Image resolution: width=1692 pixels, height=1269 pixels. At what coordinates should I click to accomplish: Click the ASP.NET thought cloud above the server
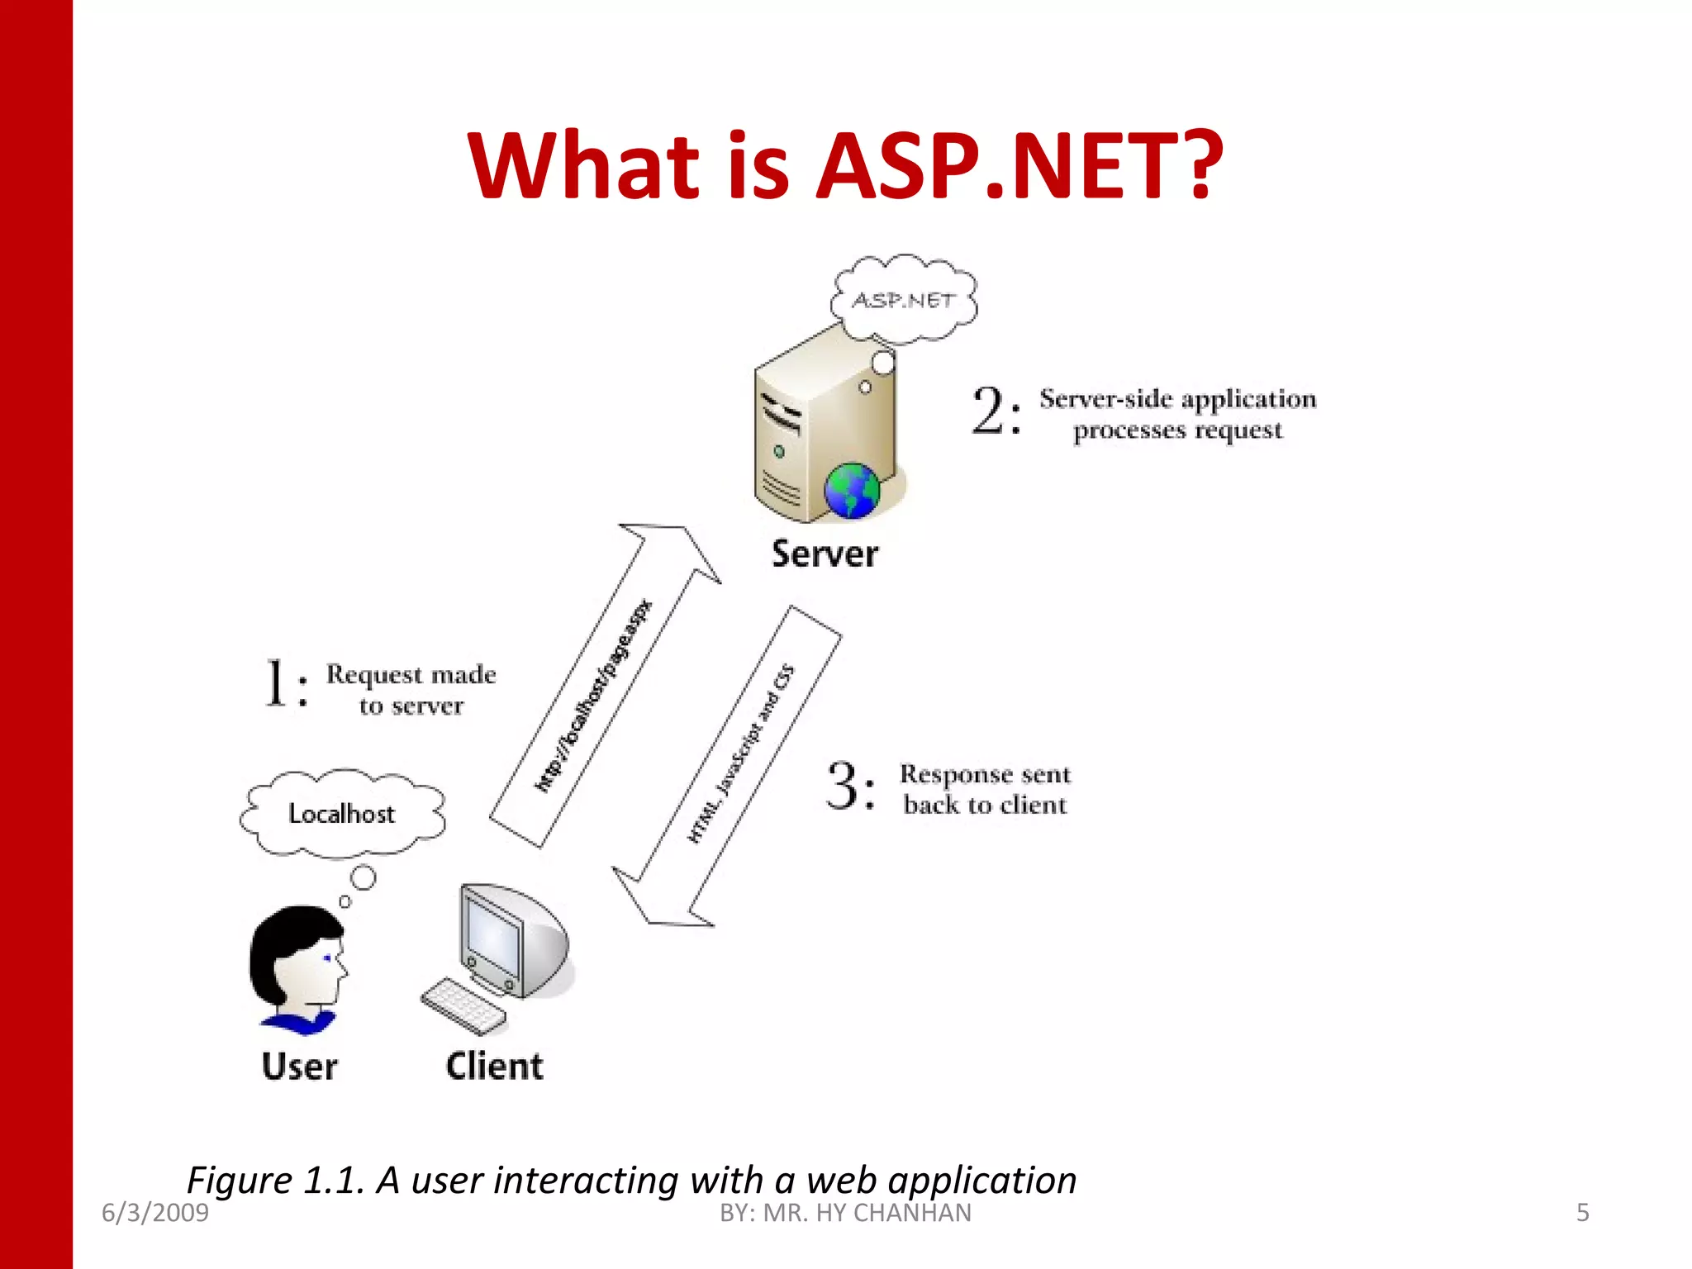[x=904, y=300]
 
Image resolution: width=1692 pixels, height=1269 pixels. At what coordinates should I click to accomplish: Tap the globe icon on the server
[x=852, y=491]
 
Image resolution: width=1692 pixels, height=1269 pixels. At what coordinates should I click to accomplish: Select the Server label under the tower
[x=825, y=554]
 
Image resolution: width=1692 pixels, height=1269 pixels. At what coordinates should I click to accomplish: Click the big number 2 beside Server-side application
[x=989, y=411]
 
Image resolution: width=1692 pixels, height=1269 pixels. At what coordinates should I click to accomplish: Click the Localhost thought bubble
[x=342, y=814]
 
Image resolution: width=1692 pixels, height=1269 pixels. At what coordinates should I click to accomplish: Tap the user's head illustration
[x=297, y=958]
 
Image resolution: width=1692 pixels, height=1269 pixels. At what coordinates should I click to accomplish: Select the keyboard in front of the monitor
[x=463, y=1006]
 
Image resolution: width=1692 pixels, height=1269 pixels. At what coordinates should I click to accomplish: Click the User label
[x=299, y=1067]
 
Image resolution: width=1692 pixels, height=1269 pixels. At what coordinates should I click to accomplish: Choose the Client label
[x=494, y=1067]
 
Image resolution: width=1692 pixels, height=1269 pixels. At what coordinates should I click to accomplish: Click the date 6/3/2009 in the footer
[x=155, y=1213]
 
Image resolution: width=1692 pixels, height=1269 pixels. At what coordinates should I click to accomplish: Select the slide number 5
[x=1582, y=1213]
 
